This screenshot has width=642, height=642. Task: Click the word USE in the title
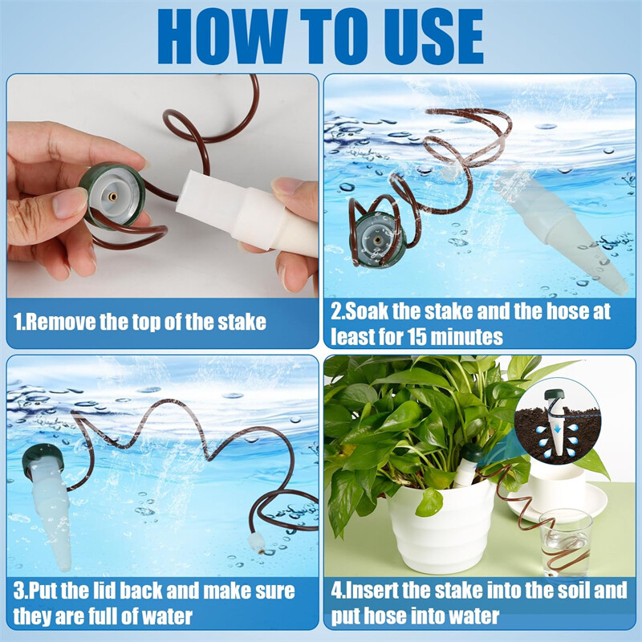[x=427, y=36]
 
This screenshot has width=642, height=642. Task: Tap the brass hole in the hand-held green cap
[x=112, y=197]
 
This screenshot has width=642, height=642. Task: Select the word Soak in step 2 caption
[x=366, y=311]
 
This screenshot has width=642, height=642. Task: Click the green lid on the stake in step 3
[x=43, y=459]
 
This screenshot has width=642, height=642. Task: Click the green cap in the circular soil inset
[x=555, y=396]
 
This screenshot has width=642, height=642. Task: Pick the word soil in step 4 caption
[x=572, y=591]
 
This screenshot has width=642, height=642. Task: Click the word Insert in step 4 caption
[x=372, y=591]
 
